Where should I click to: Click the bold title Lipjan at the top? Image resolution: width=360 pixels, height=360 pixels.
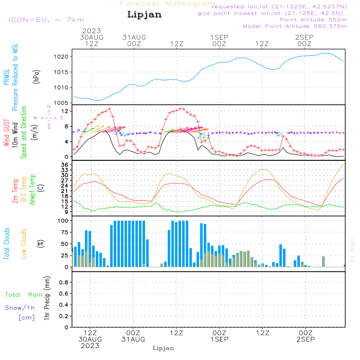[x=144, y=15]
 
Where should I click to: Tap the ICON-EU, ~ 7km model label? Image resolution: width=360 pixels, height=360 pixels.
[x=46, y=20]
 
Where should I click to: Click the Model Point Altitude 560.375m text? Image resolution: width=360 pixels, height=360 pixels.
[x=295, y=26]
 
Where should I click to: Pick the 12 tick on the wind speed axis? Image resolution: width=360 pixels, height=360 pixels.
[x=66, y=111]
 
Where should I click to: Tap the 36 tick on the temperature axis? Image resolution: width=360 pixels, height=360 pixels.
[x=65, y=165]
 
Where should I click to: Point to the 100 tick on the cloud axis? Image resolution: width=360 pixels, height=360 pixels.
[x=63, y=220]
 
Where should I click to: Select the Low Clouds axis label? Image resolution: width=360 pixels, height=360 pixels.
[x=24, y=243]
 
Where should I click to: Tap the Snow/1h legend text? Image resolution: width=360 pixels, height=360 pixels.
[x=20, y=308]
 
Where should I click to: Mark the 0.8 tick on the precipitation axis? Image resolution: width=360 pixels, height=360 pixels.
[x=64, y=283]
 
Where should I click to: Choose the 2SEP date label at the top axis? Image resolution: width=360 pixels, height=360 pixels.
[x=304, y=37]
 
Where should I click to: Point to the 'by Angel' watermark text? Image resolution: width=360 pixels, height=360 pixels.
[x=352, y=249]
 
